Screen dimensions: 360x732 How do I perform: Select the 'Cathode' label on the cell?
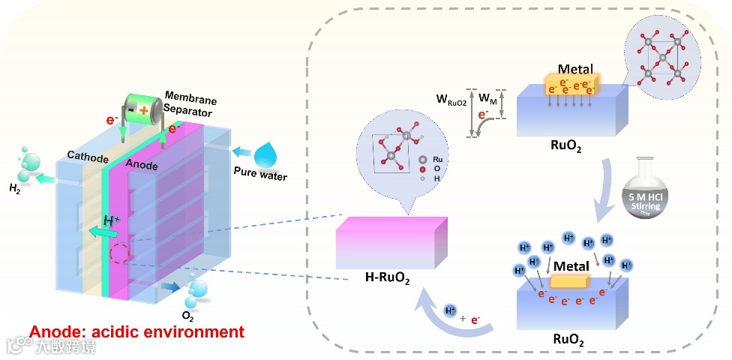point(88,159)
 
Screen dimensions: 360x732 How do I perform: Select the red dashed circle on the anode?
point(118,254)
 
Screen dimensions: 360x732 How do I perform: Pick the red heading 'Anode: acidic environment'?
point(136,331)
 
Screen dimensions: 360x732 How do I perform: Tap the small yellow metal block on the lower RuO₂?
point(570,281)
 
